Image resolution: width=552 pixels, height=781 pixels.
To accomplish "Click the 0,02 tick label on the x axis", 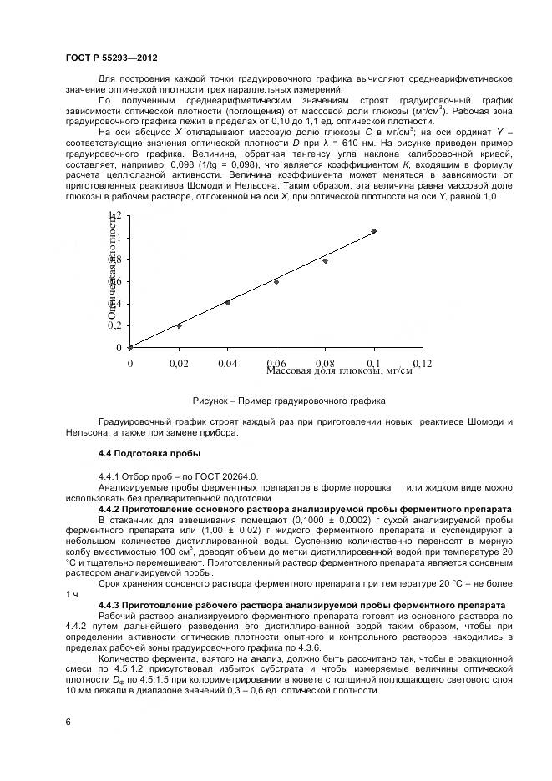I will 179,364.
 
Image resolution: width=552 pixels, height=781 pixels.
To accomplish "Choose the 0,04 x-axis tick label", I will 227,364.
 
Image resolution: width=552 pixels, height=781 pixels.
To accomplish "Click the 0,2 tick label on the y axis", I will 114,325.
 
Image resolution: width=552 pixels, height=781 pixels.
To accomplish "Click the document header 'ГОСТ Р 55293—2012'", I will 111,58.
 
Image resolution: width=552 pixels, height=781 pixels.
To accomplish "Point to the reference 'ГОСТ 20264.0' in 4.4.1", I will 205,474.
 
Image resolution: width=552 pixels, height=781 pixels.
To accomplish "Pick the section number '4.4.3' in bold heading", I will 112,604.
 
